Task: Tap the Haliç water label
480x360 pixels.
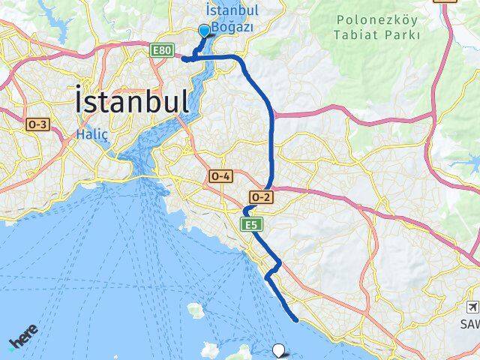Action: pos(92,134)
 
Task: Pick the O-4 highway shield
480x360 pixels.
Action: pos(220,175)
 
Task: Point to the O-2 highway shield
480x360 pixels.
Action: pos(259,196)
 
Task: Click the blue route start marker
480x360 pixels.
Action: pos(203,31)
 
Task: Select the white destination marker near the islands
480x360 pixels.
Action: pos(279,349)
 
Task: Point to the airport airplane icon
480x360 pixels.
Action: pos(473,307)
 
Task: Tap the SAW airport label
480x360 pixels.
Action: pos(470,325)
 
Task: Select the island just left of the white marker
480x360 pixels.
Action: pos(245,352)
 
